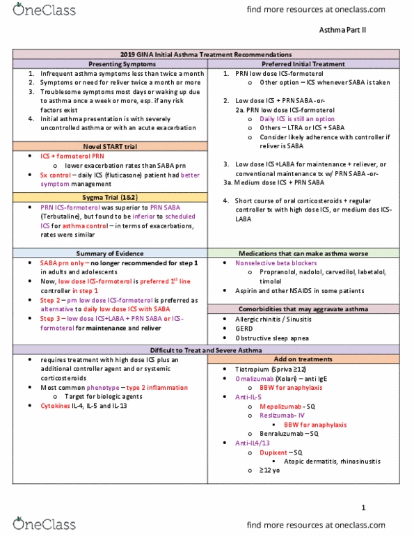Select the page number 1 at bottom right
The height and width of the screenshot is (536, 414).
point(363,508)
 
